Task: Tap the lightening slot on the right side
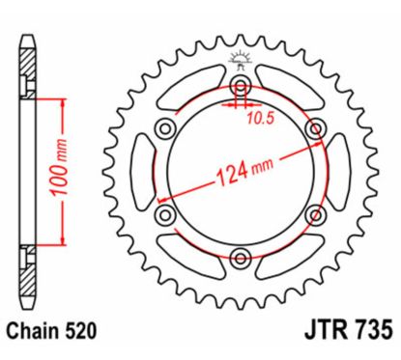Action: [338, 173]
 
